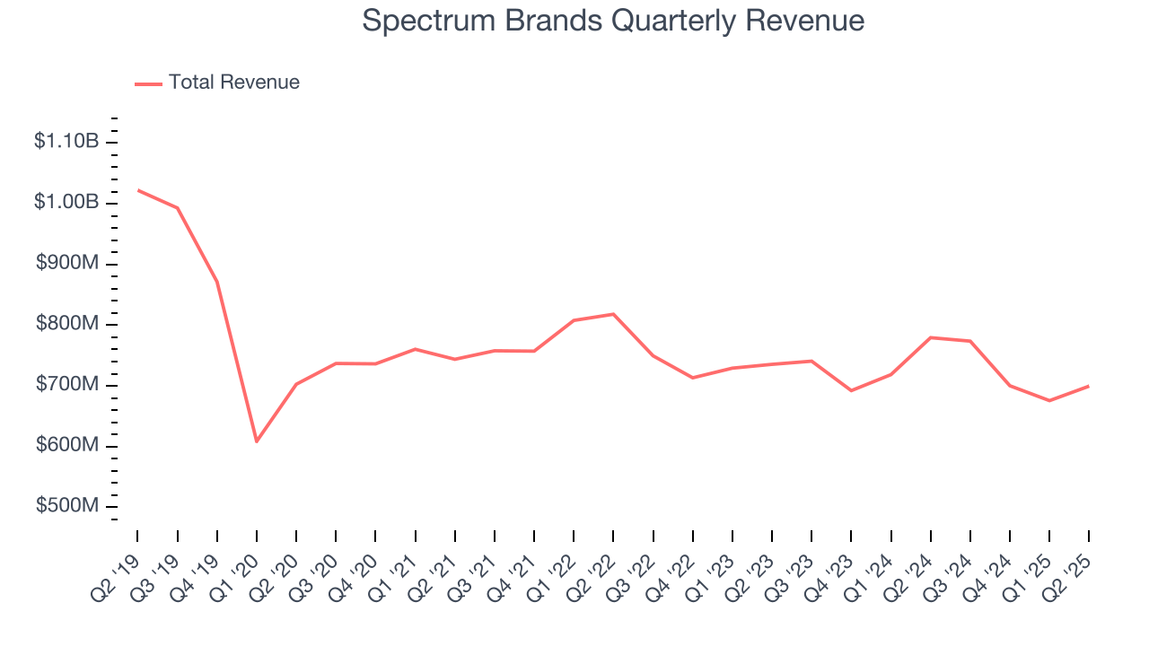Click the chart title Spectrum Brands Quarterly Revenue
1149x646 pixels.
point(613,21)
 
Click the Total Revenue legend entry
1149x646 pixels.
point(217,83)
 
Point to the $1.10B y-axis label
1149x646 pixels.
point(66,141)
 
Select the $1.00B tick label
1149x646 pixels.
point(66,202)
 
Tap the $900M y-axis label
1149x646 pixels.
point(66,263)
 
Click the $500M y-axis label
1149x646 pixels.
point(66,506)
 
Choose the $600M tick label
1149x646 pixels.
point(66,446)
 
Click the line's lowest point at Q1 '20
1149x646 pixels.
point(257,441)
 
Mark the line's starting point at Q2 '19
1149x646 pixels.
point(137,189)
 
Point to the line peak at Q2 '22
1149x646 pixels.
point(613,314)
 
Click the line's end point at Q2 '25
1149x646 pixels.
point(1089,386)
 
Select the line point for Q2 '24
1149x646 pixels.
point(930,337)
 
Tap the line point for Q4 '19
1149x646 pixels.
point(217,282)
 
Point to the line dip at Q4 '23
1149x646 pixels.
point(851,390)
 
